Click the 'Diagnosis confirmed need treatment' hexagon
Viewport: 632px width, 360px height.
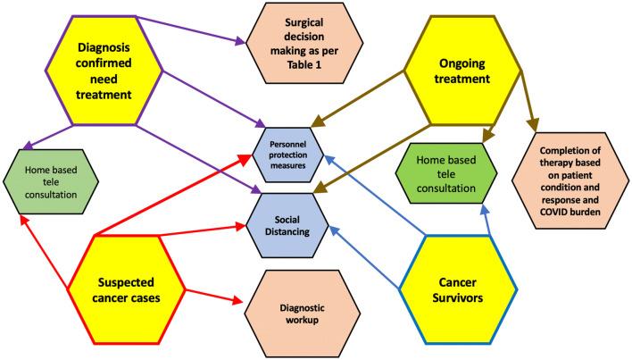(x=88, y=66)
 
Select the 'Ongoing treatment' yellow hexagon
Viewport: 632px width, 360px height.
(x=463, y=66)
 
